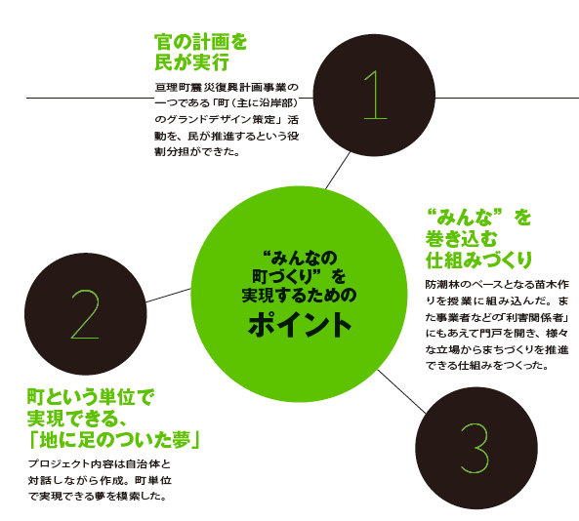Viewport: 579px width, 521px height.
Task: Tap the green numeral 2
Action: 85,314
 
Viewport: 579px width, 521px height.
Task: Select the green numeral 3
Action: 475,448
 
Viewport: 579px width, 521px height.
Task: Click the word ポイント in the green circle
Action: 300,325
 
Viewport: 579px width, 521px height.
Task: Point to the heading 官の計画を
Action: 200,42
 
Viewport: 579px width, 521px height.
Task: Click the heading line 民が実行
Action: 191,61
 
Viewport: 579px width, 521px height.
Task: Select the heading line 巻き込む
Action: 462,239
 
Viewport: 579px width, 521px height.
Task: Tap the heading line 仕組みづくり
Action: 478,260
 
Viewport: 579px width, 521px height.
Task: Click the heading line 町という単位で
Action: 91,397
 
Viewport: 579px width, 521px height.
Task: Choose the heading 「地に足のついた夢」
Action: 114,439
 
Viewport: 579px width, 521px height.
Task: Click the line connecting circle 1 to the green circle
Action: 338,171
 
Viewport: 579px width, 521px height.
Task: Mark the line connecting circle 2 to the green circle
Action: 168,296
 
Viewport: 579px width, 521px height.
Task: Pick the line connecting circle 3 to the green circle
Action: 401,391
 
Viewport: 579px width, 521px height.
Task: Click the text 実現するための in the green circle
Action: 299,296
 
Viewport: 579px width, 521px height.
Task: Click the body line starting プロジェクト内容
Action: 100,463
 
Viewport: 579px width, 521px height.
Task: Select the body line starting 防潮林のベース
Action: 497,285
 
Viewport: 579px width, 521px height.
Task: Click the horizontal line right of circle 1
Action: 507,98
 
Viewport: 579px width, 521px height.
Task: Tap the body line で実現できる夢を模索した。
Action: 97,497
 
